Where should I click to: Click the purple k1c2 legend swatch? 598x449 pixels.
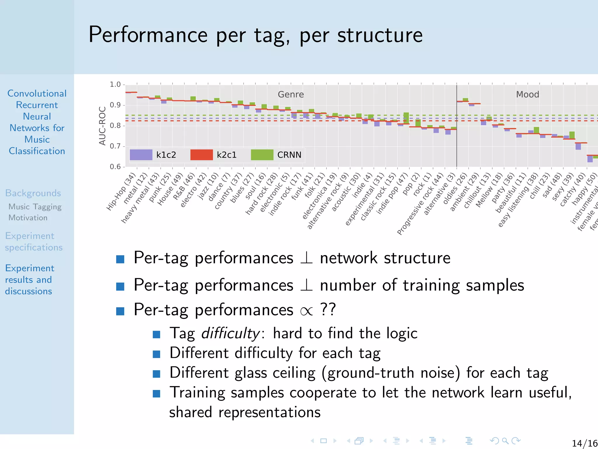141,155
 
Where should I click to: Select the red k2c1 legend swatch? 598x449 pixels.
201,155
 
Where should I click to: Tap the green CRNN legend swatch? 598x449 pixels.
262,155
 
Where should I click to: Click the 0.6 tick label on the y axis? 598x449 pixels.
115,167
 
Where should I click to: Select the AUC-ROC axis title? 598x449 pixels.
102,126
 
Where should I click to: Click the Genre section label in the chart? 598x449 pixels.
291,94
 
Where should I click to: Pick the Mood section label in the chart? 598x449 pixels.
527,94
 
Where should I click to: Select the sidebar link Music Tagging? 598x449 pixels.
35,207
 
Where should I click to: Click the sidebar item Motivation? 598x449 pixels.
28,218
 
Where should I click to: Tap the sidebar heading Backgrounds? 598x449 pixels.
33,193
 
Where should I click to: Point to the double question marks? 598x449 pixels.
328,309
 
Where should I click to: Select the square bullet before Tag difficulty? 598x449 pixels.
157,334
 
